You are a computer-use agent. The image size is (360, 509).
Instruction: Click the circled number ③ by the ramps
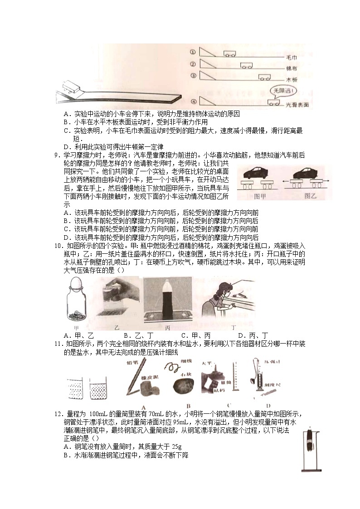click(x=193, y=76)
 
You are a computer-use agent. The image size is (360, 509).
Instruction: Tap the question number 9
click(x=56, y=155)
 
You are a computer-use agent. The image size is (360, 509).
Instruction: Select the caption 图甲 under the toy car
click(x=260, y=196)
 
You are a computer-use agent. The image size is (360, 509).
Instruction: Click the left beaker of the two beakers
click(x=73, y=383)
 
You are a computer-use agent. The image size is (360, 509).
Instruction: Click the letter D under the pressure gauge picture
click(x=268, y=405)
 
